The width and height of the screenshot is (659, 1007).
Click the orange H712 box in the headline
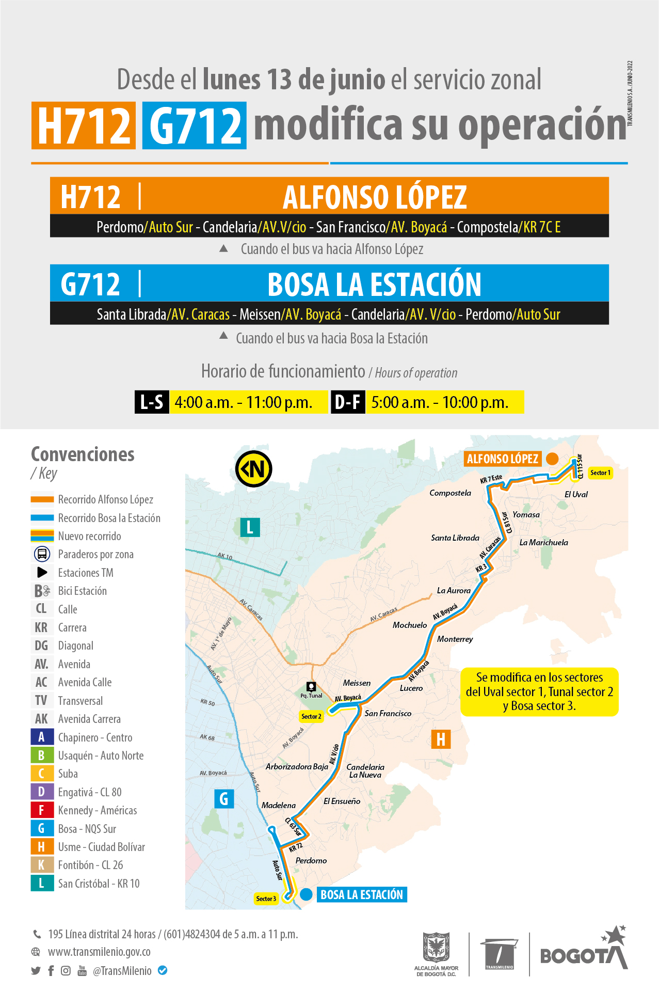point(84,125)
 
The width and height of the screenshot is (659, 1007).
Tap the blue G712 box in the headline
point(195,125)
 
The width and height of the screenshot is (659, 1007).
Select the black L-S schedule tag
point(152,402)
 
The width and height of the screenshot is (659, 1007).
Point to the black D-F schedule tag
point(348,402)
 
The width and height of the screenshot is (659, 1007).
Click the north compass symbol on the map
point(253,469)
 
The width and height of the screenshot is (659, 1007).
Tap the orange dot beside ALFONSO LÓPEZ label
point(552,459)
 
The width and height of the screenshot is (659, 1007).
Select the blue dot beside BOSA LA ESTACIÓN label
point(307,894)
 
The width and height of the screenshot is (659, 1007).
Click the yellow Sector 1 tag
point(600,473)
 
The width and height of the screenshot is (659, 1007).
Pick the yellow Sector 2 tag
point(311,716)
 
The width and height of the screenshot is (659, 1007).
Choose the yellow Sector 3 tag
point(266,899)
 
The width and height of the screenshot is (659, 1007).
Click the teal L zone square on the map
point(250,527)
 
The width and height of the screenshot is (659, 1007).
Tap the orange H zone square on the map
point(441,739)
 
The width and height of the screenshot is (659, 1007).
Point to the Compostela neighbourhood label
point(450,493)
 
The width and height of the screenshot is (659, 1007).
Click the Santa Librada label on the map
point(455,538)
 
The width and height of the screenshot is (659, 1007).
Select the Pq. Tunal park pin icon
point(311,686)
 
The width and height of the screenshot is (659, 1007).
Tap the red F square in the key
point(41,810)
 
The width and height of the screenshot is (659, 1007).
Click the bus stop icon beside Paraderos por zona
point(42,554)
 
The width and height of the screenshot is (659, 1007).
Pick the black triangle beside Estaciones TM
point(42,572)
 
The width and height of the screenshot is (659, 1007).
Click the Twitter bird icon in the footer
point(36,971)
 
